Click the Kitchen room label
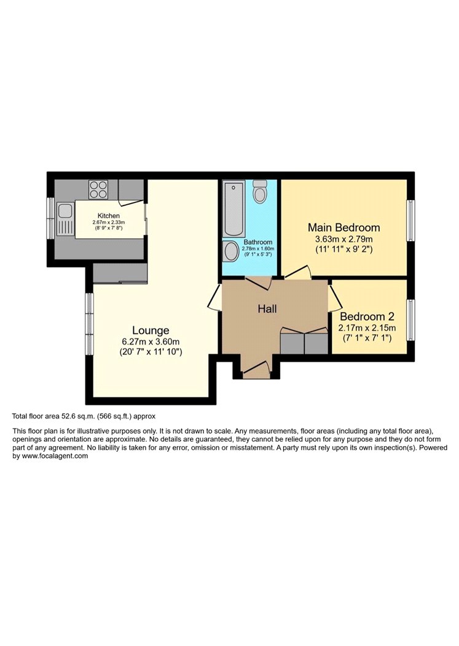(x=109, y=216)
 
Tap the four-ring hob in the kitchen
(x=98, y=190)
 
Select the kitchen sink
(x=65, y=218)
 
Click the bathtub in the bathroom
(x=233, y=210)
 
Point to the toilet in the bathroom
(x=259, y=191)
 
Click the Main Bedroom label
(x=344, y=228)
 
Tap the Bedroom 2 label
(x=367, y=316)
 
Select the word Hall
(x=267, y=309)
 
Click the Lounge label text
(x=151, y=330)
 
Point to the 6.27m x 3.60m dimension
(x=151, y=342)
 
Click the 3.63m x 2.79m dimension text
(x=344, y=239)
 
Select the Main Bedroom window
(x=410, y=220)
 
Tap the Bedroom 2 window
(x=410, y=320)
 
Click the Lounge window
(x=89, y=324)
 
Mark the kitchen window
(x=50, y=218)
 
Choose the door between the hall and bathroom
(x=259, y=283)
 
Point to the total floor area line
(x=84, y=417)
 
